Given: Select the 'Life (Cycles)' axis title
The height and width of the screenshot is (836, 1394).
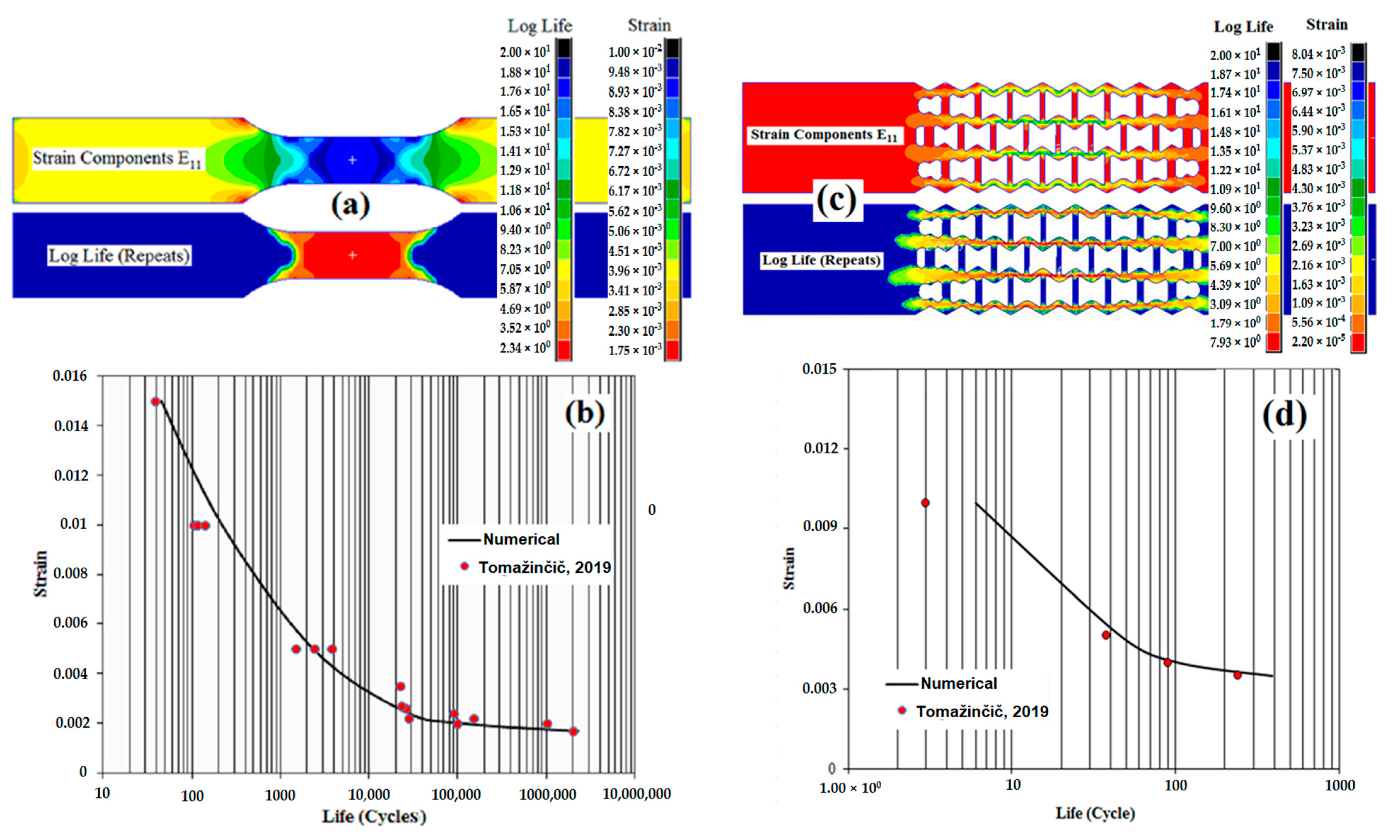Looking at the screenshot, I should coord(374,816).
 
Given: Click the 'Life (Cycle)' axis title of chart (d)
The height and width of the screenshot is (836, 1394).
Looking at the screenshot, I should coord(1095,813).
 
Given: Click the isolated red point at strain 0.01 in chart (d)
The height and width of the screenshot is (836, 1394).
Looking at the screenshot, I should coord(925,503).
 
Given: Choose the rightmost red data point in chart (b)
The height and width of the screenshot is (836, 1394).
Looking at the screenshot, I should coord(573,731).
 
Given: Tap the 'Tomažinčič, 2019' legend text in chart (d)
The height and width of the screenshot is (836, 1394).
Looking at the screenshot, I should coord(982,712).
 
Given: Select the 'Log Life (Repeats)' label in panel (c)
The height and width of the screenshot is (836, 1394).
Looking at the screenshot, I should coord(821,260).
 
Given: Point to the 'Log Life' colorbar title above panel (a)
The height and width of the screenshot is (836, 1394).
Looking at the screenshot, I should coord(539,26).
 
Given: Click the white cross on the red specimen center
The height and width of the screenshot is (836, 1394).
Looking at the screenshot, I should coord(352,255).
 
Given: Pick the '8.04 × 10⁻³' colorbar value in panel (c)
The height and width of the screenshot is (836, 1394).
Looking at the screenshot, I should coord(1318,54).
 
